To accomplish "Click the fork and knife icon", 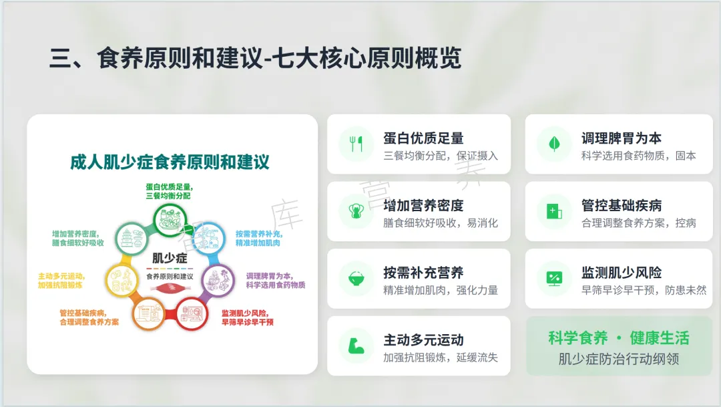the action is point(356,144).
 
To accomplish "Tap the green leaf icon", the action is point(554,144).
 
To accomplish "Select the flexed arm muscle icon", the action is point(356,346).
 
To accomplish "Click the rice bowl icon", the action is point(356,279).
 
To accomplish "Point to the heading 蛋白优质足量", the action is point(423,138).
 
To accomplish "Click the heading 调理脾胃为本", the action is point(622,138).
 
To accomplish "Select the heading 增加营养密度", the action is point(423,205).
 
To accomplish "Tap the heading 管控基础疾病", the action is point(622,205).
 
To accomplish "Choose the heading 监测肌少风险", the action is point(622,273).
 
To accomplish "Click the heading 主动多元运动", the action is point(423,340).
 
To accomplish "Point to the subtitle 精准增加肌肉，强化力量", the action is point(441,291).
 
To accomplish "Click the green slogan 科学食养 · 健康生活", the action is point(619,338).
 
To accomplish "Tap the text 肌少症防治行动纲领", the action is point(619,359).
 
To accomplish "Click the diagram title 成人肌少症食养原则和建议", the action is point(170,162).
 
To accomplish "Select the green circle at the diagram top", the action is point(170,220).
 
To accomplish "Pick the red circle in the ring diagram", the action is point(192,314).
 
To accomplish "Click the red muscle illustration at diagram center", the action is point(170,288).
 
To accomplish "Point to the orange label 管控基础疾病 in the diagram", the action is point(83,313).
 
